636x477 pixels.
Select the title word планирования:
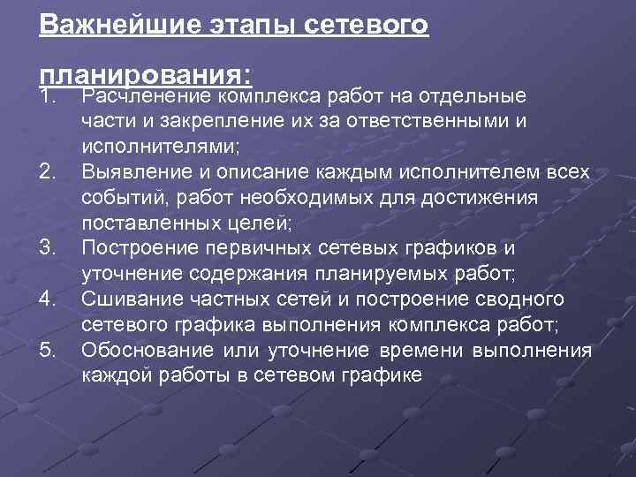point(146,72)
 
